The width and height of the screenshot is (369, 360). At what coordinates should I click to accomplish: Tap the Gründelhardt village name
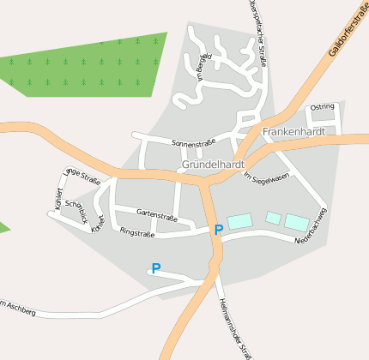click(x=214, y=164)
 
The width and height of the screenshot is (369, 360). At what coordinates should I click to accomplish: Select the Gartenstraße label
click(x=158, y=217)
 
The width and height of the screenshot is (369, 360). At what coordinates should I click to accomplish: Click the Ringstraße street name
click(x=136, y=232)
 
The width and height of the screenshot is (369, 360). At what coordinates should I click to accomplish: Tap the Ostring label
click(x=323, y=107)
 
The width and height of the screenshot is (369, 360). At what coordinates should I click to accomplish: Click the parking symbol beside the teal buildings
click(x=218, y=230)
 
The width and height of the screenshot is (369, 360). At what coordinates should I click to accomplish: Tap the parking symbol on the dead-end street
click(x=155, y=268)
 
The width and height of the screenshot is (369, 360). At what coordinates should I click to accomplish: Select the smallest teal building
click(x=273, y=218)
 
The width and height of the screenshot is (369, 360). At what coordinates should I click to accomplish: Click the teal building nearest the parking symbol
click(x=239, y=220)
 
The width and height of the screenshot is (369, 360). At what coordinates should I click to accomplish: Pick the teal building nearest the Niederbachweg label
click(x=296, y=222)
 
